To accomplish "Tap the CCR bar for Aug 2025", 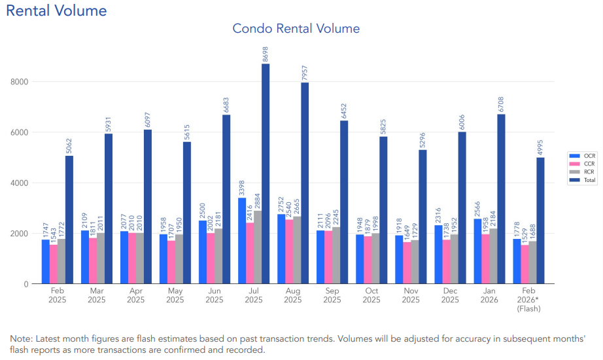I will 289,251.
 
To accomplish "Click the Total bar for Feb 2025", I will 69,219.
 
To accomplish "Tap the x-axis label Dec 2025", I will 450,295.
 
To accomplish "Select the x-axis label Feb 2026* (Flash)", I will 528,300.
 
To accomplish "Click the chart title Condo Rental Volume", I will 296,28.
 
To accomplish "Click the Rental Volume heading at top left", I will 56,10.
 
